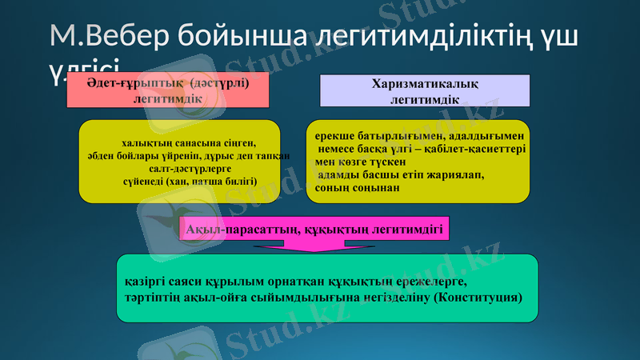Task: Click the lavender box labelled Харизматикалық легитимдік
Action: pos(424,90)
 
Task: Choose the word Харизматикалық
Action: pos(425,84)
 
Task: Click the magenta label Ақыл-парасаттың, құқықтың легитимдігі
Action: pos(314,230)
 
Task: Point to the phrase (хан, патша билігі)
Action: pos(212,182)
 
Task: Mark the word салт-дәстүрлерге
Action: pos(190,169)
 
